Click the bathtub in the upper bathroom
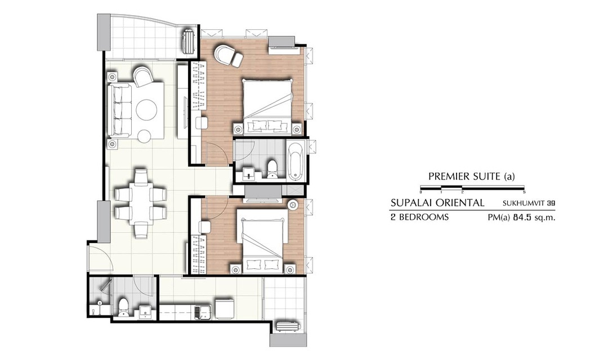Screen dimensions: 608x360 [x=296, y=161]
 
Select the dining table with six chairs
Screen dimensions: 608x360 [x=141, y=204]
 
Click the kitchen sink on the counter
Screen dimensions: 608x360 [x=203, y=312]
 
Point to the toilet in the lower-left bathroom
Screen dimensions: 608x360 [x=123, y=308]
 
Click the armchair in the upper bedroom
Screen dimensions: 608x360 [x=225, y=54]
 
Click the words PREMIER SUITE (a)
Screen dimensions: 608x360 [x=472, y=177]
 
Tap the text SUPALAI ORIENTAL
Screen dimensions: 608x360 [x=437, y=202]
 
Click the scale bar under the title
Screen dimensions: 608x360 [x=472, y=189]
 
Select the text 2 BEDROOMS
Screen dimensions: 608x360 [x=419, y=217]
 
